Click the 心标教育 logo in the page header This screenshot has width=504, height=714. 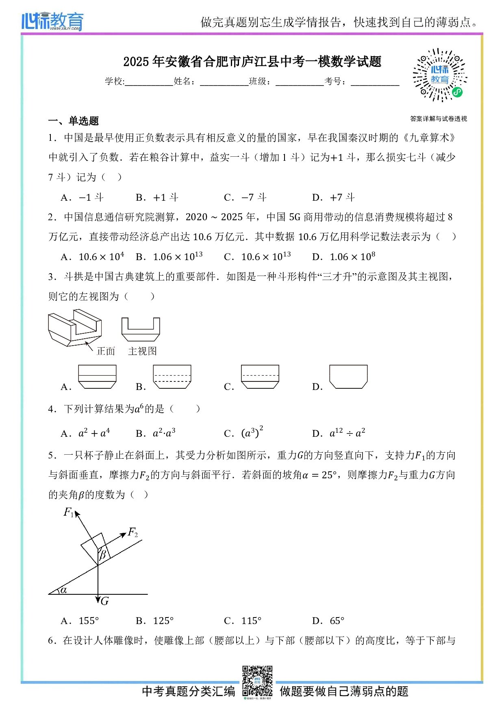click(x=52, y=21)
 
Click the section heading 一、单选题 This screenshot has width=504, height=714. click(x=73, y=121)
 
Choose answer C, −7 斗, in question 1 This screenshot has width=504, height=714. click(x=245, y=198)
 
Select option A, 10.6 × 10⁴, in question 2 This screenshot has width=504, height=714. click(x=93, y=257)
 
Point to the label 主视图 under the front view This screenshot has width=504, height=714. click(x=142, y=351)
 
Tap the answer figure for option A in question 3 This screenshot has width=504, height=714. click(x=97, y=377)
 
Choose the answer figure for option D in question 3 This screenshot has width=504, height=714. click(x=348, y=377)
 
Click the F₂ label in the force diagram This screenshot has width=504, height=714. click(x=133, y=532)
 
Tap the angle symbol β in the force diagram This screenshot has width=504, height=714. click(x=103, y=554)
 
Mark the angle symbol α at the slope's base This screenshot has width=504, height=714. click(x=63, y=590)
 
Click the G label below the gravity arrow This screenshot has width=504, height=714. click(x=105, y=601)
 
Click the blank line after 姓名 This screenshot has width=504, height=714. click(x=224, y=82)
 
